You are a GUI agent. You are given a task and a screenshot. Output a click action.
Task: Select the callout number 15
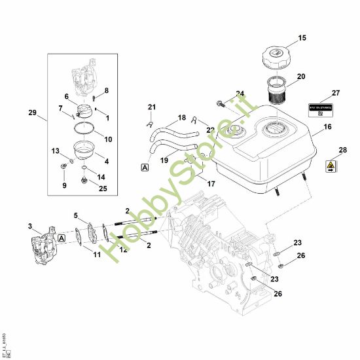(302, 39)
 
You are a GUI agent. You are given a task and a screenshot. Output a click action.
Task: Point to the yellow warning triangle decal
(332, 166)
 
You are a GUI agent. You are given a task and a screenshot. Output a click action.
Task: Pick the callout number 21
(152, 107)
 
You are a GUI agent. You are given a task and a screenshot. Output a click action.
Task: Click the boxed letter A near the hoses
(144, 168)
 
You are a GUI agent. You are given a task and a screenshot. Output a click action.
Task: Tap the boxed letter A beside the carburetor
(62, 238)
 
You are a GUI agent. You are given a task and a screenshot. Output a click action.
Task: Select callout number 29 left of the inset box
(33, 113)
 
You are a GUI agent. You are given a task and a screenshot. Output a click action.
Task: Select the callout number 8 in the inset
(107, 90)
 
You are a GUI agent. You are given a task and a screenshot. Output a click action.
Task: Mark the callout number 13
(56, 151)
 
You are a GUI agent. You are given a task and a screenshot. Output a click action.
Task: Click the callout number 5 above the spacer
(76, 215)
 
